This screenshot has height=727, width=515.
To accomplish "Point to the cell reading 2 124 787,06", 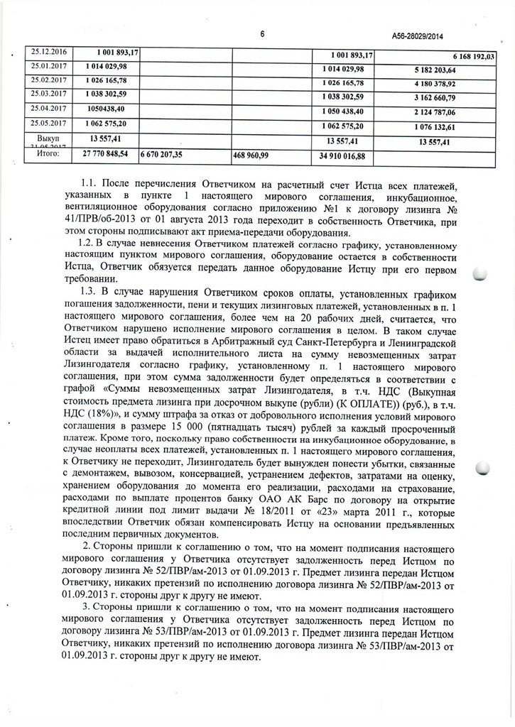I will [433, 112].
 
